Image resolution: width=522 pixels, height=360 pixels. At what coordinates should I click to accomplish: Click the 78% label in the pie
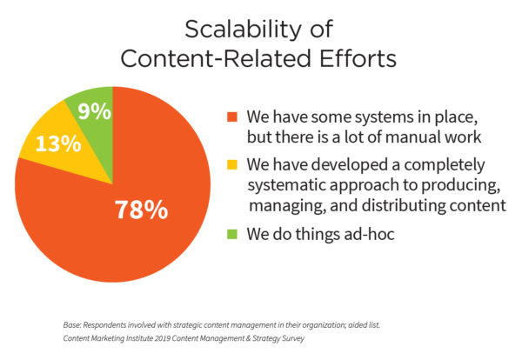(x=142, y=210)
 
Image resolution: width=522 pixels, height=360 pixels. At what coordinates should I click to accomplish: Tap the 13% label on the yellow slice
(x=58, y=143)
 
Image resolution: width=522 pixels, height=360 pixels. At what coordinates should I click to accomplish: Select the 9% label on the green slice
(x=95, y=111)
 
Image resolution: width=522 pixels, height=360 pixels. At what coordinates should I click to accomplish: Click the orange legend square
(x=232, y=117)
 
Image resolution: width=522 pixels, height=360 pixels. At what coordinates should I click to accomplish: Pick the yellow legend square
(x=232, y=164)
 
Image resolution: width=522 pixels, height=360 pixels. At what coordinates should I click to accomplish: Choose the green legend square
(x=232, y=234)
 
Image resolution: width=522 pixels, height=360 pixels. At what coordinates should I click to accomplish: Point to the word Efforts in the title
(x=358, y=58)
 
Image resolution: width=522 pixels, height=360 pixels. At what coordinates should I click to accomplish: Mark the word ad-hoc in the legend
(x=369, y=234)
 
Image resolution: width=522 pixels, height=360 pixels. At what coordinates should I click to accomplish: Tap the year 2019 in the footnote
(x=163, y=338)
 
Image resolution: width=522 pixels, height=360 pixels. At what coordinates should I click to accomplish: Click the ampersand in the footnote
(x=247, y=338)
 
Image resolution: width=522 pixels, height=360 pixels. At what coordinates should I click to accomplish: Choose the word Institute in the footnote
(x=139, y=338)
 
